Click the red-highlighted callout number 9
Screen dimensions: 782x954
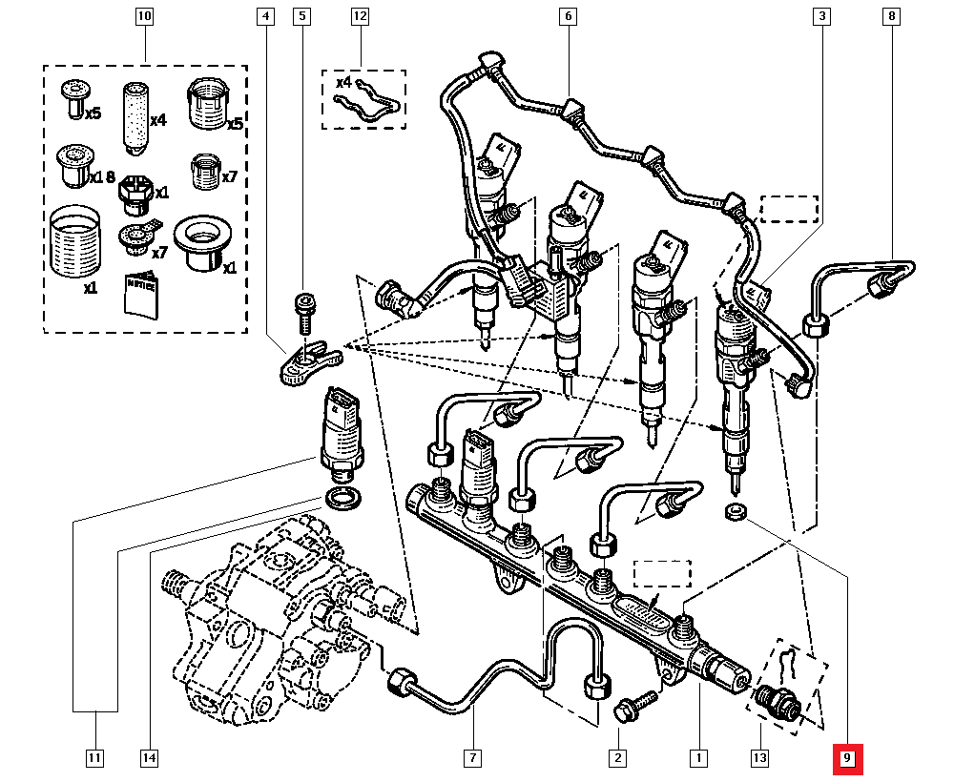(848, 760)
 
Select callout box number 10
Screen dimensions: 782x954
(143, 17)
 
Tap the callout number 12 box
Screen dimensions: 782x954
(360, 17)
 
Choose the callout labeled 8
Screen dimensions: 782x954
(891, 17)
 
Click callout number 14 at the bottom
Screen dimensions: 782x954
(147, 759)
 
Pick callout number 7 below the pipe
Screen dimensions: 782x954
(471, 759)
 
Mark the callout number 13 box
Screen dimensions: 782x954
(759, 759)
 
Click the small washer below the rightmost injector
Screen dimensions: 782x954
(736, 513)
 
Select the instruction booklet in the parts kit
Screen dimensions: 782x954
(142, 293)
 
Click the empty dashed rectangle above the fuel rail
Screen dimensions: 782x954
(662, 573)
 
